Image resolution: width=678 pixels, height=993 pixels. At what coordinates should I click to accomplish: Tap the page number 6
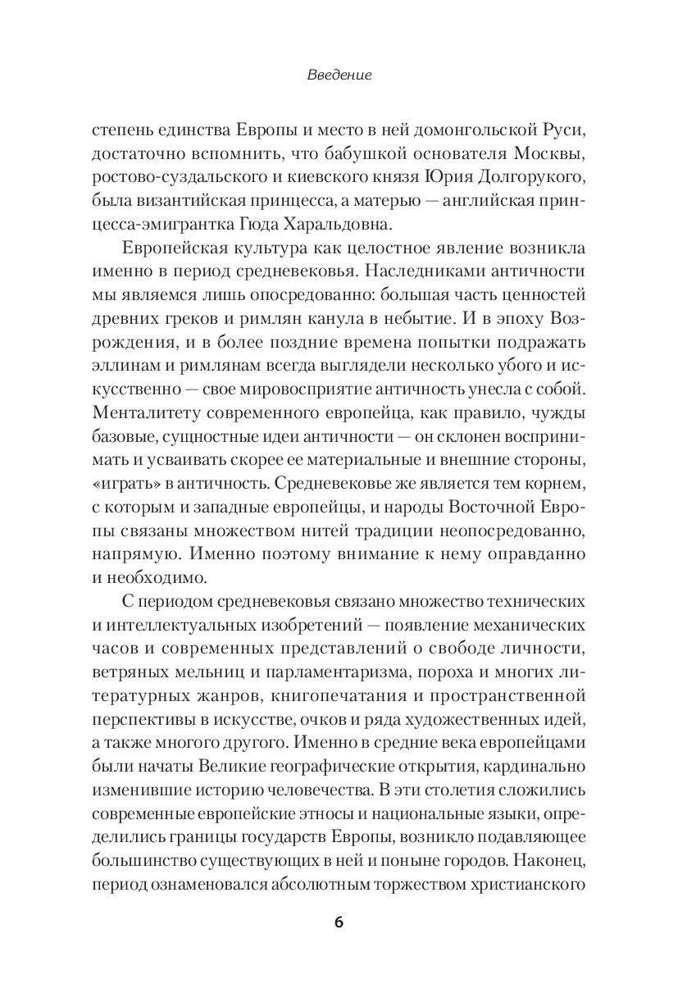tap(339, 921)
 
